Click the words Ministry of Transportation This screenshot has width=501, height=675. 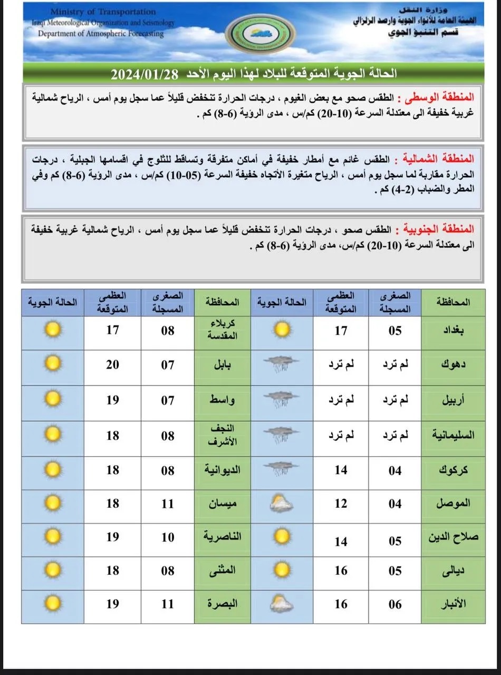tap(103, 12)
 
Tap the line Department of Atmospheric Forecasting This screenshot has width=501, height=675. tap(101, 34)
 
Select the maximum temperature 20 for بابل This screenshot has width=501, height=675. tap(112, 364)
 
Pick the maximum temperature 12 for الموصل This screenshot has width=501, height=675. tap(341, 504)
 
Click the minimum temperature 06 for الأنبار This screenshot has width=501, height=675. tap(395, 604)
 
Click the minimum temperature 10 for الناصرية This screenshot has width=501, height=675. tap(167, 537)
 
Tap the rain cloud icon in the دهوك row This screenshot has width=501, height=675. tap(281, 365)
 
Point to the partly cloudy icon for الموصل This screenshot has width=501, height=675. tap(281, 504)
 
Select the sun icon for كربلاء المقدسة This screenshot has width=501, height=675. tap(52, 331)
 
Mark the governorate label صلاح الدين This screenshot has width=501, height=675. tap(452, 537)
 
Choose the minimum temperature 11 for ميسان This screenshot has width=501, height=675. tap(167, 504)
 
